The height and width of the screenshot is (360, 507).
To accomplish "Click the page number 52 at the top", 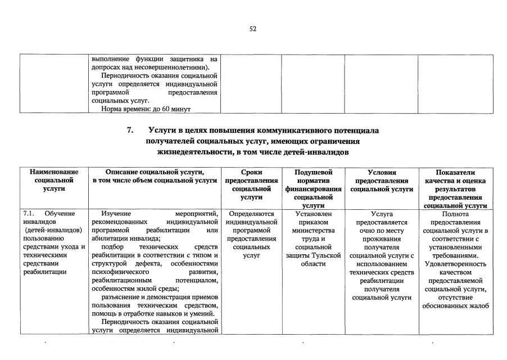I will click(253, 29).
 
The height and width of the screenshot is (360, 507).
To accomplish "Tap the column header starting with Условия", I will click(381, 180).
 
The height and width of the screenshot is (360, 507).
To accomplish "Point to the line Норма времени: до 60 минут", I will click(146, 109).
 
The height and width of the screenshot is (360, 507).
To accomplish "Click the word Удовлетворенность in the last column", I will click(455, 264).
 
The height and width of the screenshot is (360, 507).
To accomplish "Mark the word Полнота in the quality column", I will click(455, 214).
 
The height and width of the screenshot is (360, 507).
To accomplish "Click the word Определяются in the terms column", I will click(251, 214).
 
